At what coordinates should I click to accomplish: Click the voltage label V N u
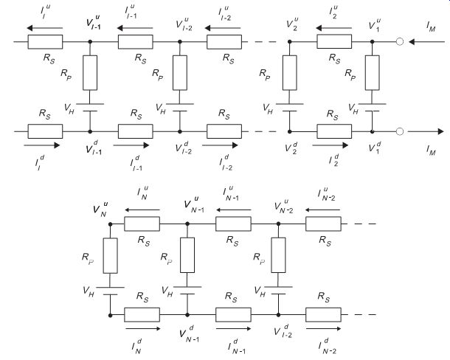coord(100,209)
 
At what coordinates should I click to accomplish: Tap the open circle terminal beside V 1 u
coord(400,41)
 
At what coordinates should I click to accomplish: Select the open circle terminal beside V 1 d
coord(400,131)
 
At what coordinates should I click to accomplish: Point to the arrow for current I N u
coord(142,210)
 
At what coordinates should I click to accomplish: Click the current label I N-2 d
coord(327,346)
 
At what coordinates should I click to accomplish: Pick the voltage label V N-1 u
coord(194,204)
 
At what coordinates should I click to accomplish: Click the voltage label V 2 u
coord(292,24)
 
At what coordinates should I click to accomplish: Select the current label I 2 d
coord(333,159)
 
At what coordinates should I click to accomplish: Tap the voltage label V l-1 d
coord(94,148)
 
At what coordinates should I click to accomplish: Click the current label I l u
coord(45,12)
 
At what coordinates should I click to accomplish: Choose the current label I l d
coord(40,162)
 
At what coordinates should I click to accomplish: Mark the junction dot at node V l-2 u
coord(180,41)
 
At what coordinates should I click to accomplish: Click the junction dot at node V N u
coord(110,224)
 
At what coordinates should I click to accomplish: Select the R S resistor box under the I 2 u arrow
coord(334,41)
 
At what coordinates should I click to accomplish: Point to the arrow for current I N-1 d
coord(234,328)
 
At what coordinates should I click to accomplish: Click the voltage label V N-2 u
coord(283,207)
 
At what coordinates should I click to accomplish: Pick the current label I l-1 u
coord(131,12)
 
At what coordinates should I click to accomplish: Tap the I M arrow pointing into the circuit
coord(426,42)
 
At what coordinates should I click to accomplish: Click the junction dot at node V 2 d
coord(290,131)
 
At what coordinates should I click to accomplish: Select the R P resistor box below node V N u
coord(110,255)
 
